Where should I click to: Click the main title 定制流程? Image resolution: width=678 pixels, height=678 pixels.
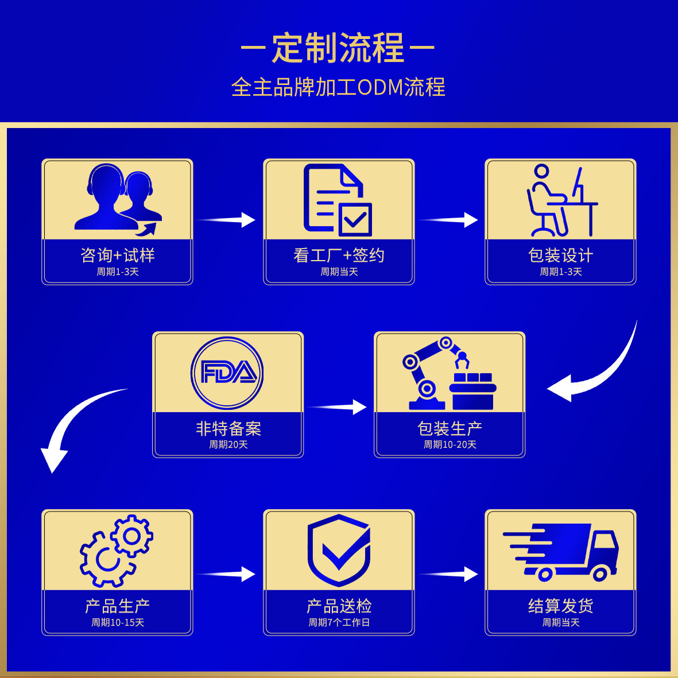[338, 48]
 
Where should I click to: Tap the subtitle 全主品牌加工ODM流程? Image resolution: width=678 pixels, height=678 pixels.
[338, 87]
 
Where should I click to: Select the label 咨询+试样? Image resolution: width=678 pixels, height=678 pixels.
[118, 255]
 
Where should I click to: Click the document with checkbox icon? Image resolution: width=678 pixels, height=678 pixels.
[338, 200]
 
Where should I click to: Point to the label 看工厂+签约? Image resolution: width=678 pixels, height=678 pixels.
[339, 255]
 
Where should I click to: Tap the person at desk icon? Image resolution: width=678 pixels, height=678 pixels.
[561, 200]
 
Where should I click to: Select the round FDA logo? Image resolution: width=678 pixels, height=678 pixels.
[227, 373]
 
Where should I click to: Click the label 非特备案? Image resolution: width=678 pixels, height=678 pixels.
[228, 428]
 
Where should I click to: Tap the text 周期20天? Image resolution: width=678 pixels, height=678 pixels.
[228, 444]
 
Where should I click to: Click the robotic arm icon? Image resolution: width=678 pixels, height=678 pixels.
[450, 373]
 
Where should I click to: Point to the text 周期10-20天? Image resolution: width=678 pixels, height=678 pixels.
[450, 444]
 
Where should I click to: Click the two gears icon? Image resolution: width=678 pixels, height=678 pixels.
[117, 551]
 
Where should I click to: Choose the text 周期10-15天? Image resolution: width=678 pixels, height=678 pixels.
[118, 622]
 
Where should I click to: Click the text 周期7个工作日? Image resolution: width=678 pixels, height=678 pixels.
[339, 622]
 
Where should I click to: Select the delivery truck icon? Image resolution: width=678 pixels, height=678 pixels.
[561, 551]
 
